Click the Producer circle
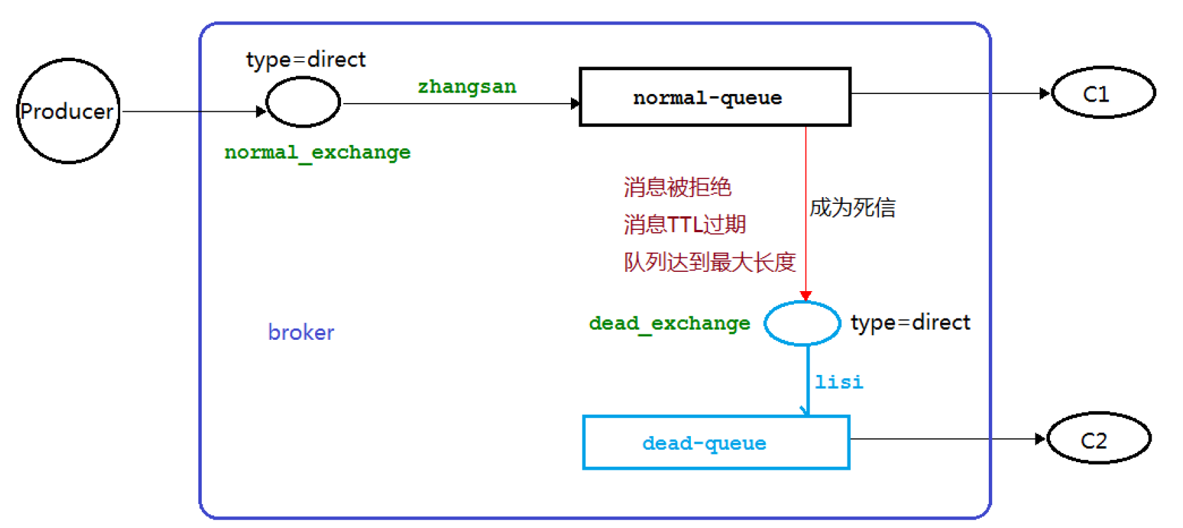[x=68, y=111]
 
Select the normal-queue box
[x=714, y=97]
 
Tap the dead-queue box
[x=716, y=443]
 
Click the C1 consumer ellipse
[x=1103, y=93]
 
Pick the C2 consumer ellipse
[x=1099, y=439]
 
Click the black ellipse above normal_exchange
[x=303, y=102]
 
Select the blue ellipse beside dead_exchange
[x=801, y=323]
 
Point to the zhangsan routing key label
[x=467, y=87]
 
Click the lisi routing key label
[x=839, y=382]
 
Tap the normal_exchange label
[x=317, y=152]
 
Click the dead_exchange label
[x=669, y=323]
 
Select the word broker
[x=301, y=332]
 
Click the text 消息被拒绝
[x=677, y=187]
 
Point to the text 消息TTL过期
[x=684, y=225]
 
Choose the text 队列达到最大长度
[x=710, y=262]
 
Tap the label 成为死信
[x=852, y=207]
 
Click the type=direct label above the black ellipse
[x=305, y=60]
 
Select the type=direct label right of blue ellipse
[x=910, y=322]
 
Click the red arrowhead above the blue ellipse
[x=806, y=296]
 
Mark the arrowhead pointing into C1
[x=1045, y=93]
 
